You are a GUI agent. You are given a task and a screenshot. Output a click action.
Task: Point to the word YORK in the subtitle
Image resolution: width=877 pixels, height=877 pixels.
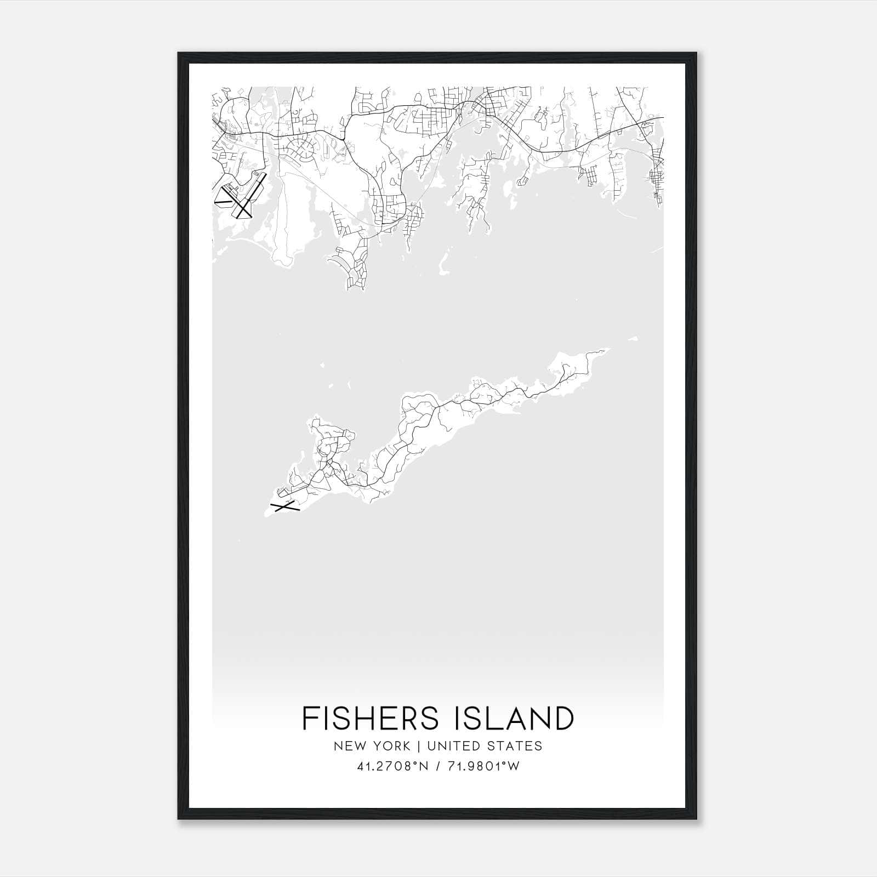tap(390, 746)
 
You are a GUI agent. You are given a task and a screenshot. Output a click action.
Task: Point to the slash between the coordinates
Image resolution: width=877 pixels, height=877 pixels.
tap(438, 766)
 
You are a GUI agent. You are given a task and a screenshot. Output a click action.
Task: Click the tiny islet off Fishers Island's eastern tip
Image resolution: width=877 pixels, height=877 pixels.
tap(634, 338)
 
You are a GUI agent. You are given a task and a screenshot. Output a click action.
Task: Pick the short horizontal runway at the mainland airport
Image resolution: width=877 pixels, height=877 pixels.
tap(223, 203)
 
